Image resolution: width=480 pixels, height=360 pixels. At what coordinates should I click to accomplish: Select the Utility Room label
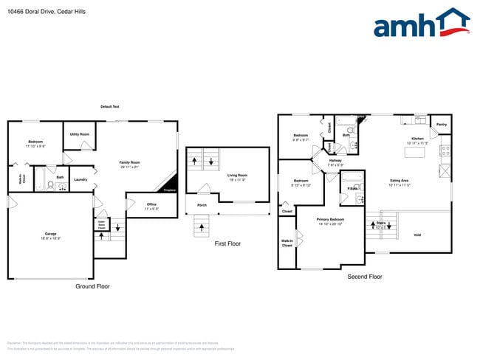pos(80,134)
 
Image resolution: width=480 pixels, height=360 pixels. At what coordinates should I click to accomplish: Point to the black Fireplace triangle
pos(170,184)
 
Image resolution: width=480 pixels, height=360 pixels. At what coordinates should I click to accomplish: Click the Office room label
pos(151,204)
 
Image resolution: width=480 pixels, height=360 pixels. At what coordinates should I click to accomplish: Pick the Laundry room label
pos(80,179)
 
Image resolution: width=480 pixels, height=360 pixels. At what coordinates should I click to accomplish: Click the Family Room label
pos(130,162)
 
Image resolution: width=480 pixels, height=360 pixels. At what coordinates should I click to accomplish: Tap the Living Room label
pos(237,175)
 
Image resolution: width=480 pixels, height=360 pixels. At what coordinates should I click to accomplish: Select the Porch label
pos(201,205)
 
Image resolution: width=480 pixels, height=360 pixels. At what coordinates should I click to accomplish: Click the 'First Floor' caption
pos(227,243)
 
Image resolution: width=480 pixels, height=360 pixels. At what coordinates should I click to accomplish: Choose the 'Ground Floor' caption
pos(92,285)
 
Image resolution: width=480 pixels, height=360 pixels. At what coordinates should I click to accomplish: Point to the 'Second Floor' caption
pos(365,277)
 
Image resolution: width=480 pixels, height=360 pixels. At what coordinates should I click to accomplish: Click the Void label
pos(417,235)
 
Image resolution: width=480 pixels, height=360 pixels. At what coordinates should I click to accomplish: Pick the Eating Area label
pos(400,180)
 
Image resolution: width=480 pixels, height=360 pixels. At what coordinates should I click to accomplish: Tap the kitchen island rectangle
pos(415,152)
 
